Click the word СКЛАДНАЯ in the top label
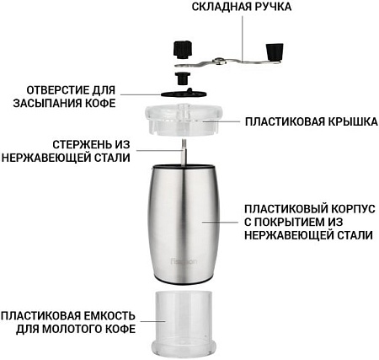coord(222,7)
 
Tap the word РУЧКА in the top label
coord(273,7)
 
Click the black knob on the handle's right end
coord(275,51)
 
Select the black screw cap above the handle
coord(183,50)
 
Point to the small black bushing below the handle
coord(182,78)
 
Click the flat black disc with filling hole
coord(184,94)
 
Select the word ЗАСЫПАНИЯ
coord(45,103)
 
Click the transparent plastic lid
coord(184,120)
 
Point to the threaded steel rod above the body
coord(184,152)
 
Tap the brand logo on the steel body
coord(184,261)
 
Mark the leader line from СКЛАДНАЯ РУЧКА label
coord(243,37)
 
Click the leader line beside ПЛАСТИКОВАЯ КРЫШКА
coord(221,121)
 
